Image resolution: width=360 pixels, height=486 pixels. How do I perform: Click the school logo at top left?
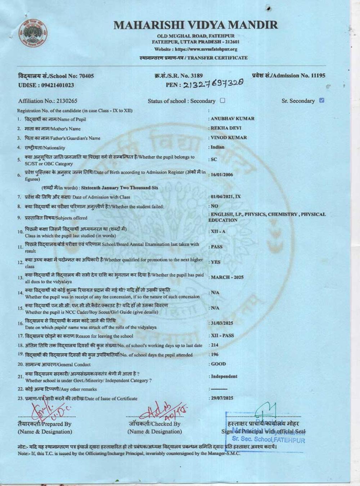(x=34, y=32)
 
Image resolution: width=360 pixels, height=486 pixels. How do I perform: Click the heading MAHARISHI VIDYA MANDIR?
(x=196, y=25)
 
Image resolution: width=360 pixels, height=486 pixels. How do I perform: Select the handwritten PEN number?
(x=213, y=84)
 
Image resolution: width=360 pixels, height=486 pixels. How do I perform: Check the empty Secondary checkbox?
(x=222, y=101)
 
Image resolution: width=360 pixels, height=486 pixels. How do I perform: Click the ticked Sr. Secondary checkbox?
(x=321, y=100)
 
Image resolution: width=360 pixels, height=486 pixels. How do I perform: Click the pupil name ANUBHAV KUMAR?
(x=233, y=118)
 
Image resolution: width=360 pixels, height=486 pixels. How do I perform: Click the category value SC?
(x=214, y=159)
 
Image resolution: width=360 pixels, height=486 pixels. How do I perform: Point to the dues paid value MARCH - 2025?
(x=227, y=277)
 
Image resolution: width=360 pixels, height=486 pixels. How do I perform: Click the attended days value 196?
(x=215, y=354)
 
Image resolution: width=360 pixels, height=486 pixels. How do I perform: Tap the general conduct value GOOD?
(x=219, y=364)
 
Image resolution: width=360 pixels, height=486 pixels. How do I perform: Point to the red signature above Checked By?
(x=162, y=410)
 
